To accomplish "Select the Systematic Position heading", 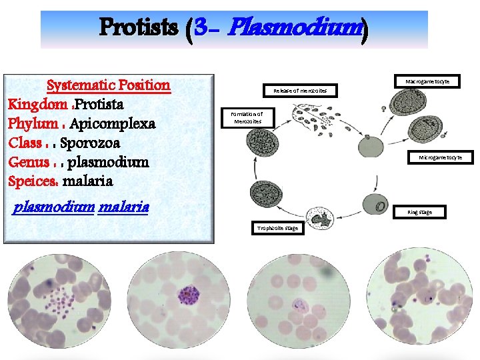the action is coord(109,85).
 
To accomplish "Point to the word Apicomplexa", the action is coord(112,124).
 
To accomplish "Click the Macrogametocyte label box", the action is coord(427,81).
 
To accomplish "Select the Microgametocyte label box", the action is coord(445,158).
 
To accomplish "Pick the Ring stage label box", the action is coord(419,213).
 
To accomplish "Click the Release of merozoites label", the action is coord(300,90).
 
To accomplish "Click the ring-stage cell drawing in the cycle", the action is coord(375,204).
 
